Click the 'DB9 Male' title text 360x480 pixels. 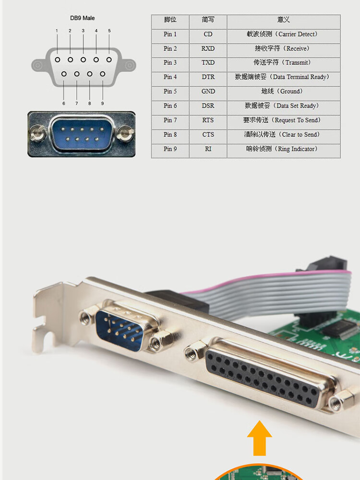(x=83, y=18)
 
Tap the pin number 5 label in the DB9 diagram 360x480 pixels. (x=109, y=31)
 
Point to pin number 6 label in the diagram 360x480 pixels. (x=63, y=103)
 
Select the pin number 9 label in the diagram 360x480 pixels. (x=102, y=103)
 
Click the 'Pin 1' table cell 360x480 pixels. (x=170, y=35)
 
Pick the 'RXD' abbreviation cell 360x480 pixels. (x=208, y=48)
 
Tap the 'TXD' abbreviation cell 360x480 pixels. (x=208, y=63)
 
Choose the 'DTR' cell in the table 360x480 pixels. (x=208, y=77)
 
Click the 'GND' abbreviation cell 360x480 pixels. (x=208, y=91)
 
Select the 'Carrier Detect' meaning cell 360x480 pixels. (x=283, y=35)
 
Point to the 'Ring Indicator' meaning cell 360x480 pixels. (x=283, y=149)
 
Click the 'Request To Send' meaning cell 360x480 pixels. (x=283, y=120)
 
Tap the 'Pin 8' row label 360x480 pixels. (x=170, y=135)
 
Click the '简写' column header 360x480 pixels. (x=208, y=20)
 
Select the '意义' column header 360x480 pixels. (x=283, y=20)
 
